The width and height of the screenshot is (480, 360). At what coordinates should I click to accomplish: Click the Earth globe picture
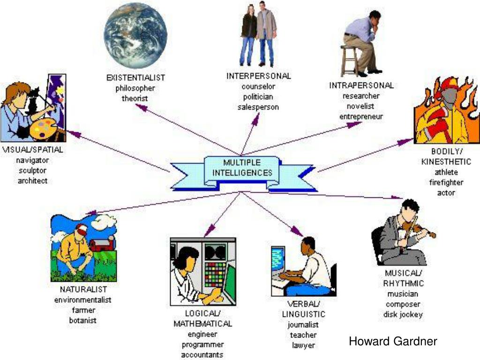[x=135, y=36]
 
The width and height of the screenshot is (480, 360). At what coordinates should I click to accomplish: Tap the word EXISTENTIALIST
[x=135, y=78]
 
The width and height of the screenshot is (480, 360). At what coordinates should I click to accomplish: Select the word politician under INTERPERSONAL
[x=258, y=97]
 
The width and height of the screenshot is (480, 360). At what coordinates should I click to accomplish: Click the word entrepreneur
[x=361, y=116]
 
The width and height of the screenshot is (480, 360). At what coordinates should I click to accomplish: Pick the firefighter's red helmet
[x=449, y=85]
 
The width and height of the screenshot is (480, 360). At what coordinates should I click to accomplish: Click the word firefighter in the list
[x=446, y=182]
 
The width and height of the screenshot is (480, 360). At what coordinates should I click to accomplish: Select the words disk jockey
[x=403, y=315]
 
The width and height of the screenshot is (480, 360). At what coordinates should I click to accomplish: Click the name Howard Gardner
[x=393, y=341]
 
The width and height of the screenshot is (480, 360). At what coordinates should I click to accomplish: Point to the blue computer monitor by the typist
[x=279, y=259]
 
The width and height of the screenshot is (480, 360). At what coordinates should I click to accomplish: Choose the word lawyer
[x=303, y=345]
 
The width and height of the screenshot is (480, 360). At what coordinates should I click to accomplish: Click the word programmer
[x=202, y=345]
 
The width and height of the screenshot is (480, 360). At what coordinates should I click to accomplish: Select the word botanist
[x=83, y=321]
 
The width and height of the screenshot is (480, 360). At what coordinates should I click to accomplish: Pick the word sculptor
[x=32, y=171]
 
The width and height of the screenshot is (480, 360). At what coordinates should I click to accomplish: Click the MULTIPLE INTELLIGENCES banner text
[x=242, y=168]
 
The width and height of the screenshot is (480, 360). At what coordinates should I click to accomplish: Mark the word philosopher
[x=135, y=88]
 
